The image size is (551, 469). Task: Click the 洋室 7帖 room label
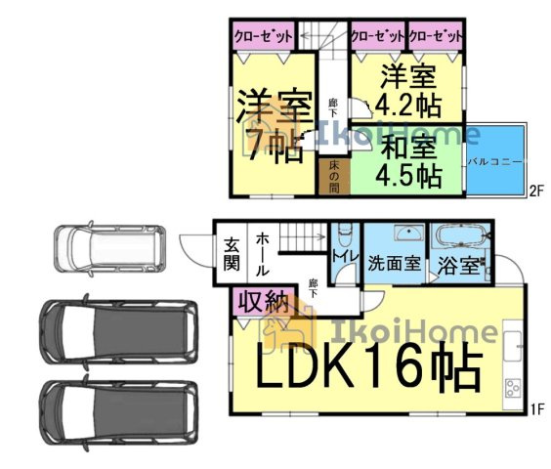(x=274, y=127)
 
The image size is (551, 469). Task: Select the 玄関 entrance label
(x=232, y=257)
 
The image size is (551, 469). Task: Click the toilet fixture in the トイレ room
(x=344, y=237)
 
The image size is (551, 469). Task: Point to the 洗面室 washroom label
(x=394, y=264)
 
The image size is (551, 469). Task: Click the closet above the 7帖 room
(x=263, y=36)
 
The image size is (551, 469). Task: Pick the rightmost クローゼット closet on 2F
(x=435, y=36)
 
